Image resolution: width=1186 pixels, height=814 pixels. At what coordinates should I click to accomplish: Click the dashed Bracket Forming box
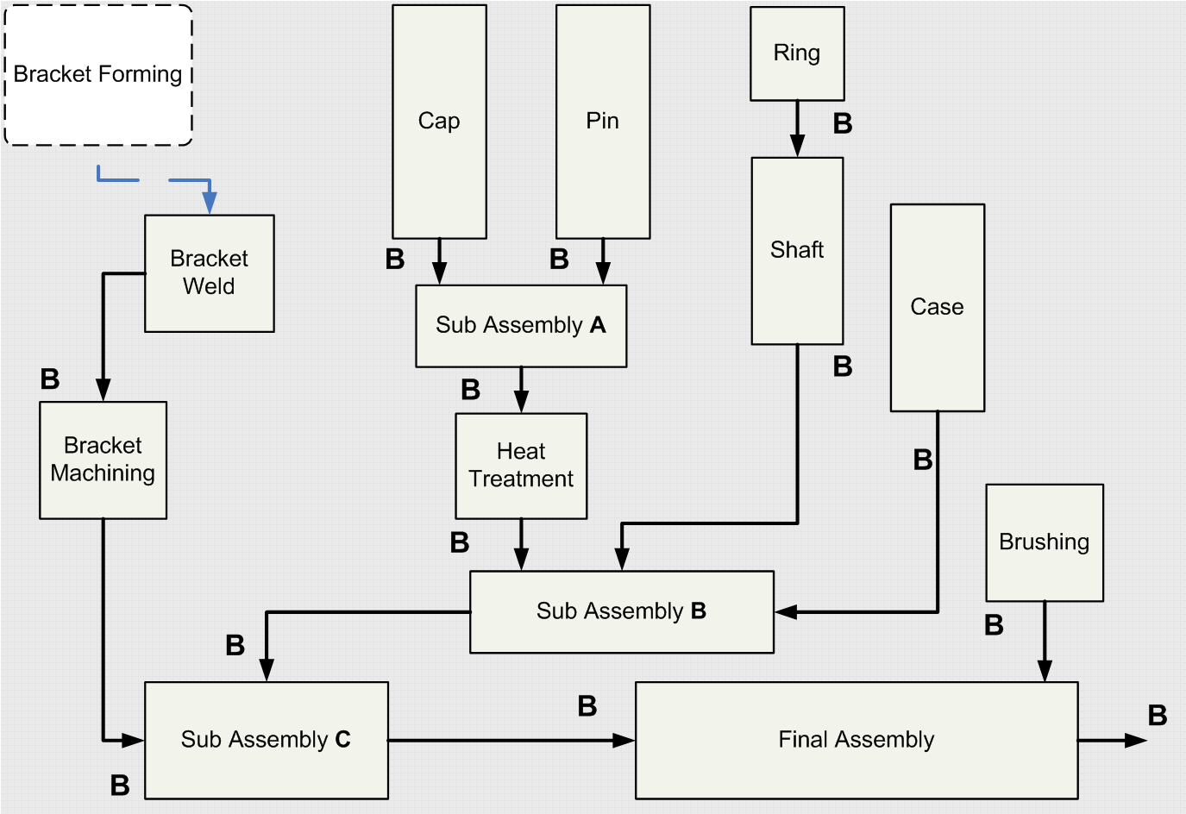(x=98, y=75)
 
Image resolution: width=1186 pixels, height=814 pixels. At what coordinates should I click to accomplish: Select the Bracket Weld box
(x=210, y=273)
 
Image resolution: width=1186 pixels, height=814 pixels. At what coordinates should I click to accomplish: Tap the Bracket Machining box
(x=103, y=460)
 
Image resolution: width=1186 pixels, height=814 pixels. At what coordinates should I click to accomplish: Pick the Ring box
(x=797, y=53)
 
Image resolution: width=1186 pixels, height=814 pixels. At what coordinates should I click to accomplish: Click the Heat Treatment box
(x=521, y=466)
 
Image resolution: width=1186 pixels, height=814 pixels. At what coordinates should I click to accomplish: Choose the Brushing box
(x=1045, y=542)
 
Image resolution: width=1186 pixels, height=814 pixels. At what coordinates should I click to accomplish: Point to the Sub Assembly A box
(x=521, y=325)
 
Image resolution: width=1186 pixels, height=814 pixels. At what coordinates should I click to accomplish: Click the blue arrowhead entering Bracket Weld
(x=210, y=203)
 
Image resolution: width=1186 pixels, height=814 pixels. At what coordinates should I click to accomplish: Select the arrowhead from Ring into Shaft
(x=798, y=146)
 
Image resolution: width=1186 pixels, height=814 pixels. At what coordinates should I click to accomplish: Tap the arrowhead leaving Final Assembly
(x=1136, y=740)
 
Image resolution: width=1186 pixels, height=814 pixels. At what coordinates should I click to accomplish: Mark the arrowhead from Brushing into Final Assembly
(x=1045, y=671)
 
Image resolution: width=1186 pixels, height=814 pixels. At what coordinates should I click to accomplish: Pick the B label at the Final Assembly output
(x=1158, y=715)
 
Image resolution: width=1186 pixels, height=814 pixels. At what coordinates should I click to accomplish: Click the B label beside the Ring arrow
(x=843, y=124)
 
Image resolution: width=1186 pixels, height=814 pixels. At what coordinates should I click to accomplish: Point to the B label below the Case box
(x=923, y=460)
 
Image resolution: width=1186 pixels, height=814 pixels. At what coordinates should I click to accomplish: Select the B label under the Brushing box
(x=994, y=625)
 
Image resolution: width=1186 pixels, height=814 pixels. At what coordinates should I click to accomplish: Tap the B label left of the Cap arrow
(x=395, y=259)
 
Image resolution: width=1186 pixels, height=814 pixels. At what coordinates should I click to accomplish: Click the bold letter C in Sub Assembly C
(x=342, y=740)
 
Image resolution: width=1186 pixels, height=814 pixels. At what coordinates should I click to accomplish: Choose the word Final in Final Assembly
(x=803, y=740)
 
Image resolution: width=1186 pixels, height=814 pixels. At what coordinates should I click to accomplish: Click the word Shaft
(x=797, y=250)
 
